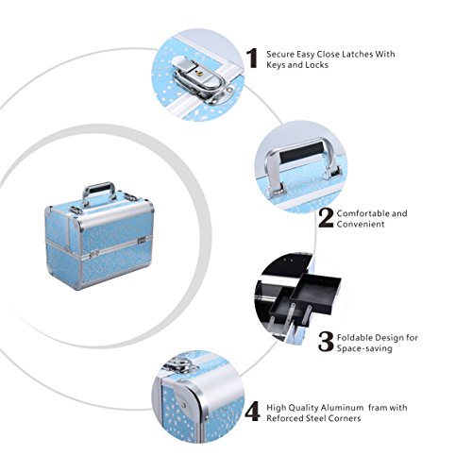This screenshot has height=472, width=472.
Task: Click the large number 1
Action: [x=252, y=59]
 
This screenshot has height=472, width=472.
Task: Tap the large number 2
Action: [x=326, y=217]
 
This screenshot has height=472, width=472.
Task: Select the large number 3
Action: [x=326, y=342]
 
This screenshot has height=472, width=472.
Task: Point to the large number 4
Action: [x=253, y=412]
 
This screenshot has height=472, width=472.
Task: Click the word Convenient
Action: [x=361, y=224]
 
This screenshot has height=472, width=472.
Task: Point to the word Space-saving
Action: [x=364, y=348]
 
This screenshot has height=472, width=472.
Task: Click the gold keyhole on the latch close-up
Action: [x=198, y=74]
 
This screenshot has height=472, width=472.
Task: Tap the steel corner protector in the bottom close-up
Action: [x=181, y=397]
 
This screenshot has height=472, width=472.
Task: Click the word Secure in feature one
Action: [x=281, y=54]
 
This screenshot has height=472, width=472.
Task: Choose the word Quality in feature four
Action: [x=303, y=408]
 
